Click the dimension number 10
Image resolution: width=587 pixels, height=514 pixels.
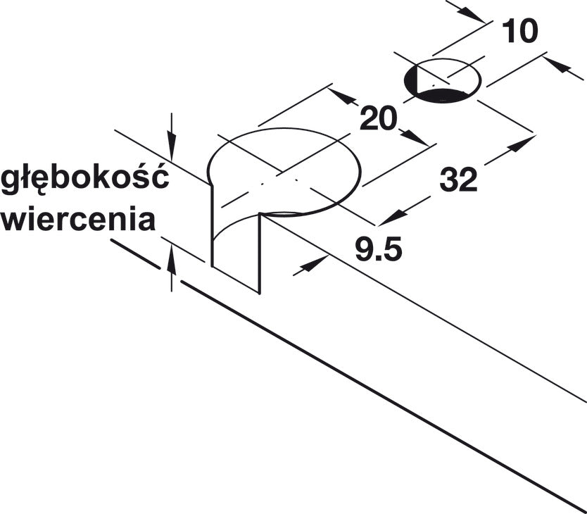click(519, 31)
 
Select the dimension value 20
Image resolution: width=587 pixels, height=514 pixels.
click(378, 118)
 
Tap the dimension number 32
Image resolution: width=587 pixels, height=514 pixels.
click(459, 180)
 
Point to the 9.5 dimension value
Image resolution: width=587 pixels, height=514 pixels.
click(379, 249)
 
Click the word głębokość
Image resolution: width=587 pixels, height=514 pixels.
click(85, 177)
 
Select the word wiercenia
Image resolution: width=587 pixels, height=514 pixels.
click(78, 220)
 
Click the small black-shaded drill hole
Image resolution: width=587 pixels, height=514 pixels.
click(443, 80)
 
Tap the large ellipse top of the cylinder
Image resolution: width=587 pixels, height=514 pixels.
click(284, 172)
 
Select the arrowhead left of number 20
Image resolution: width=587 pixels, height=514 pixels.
click(341, 96)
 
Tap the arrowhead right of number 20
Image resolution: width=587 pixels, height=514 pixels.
click(414, 137)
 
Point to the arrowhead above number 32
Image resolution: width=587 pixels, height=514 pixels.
click(521, 144)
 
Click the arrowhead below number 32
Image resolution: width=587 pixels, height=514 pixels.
click(392, 218)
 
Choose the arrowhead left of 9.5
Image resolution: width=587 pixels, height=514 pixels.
click(313, 264)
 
